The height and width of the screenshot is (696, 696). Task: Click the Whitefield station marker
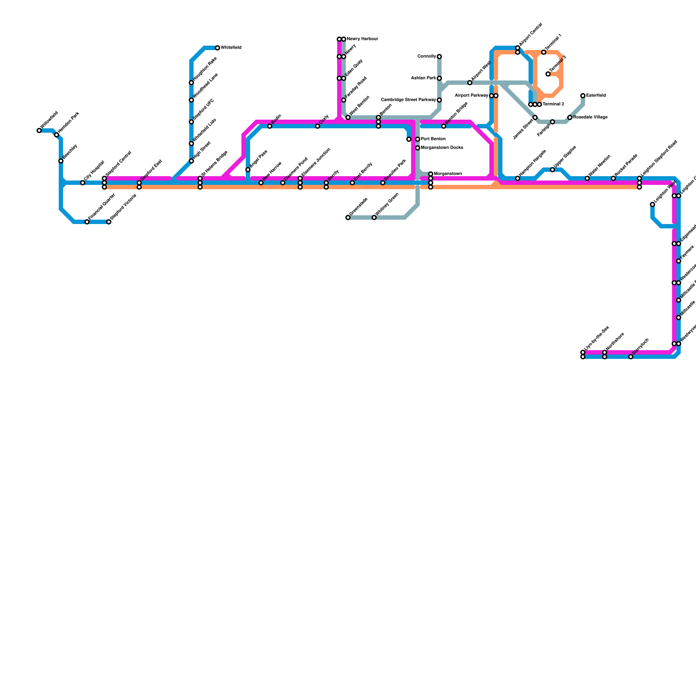coord(217,48)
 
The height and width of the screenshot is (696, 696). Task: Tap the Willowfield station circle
coord(39,130)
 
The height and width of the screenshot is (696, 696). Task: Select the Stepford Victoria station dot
coord(109,222)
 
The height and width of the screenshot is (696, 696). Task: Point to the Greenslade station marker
coord(348,217)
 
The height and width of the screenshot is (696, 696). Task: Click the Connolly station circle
coord(439,57)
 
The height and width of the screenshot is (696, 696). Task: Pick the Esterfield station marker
coord(583,96)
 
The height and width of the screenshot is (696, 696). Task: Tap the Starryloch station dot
coord(631,357)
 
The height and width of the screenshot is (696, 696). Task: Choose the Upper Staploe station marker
coord(552,170)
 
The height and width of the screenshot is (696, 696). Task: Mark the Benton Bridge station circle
coord(444,126)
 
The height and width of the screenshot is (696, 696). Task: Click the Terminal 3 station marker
coord(548,74)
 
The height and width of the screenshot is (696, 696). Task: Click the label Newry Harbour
coord(362,39)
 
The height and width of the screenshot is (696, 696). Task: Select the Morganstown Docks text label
coord(442,148)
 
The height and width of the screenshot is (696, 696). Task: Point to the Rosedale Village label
coord(590,117)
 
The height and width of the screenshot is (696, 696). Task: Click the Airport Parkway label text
coord(472,96)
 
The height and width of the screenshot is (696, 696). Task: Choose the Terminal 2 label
coord(553,104)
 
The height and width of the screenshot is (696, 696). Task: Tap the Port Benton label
coord(433,139)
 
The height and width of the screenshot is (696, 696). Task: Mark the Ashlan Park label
coord(424,78)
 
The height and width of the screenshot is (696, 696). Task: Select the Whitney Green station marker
coord(374,217)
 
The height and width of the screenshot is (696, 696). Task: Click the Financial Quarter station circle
coord(87,222)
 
